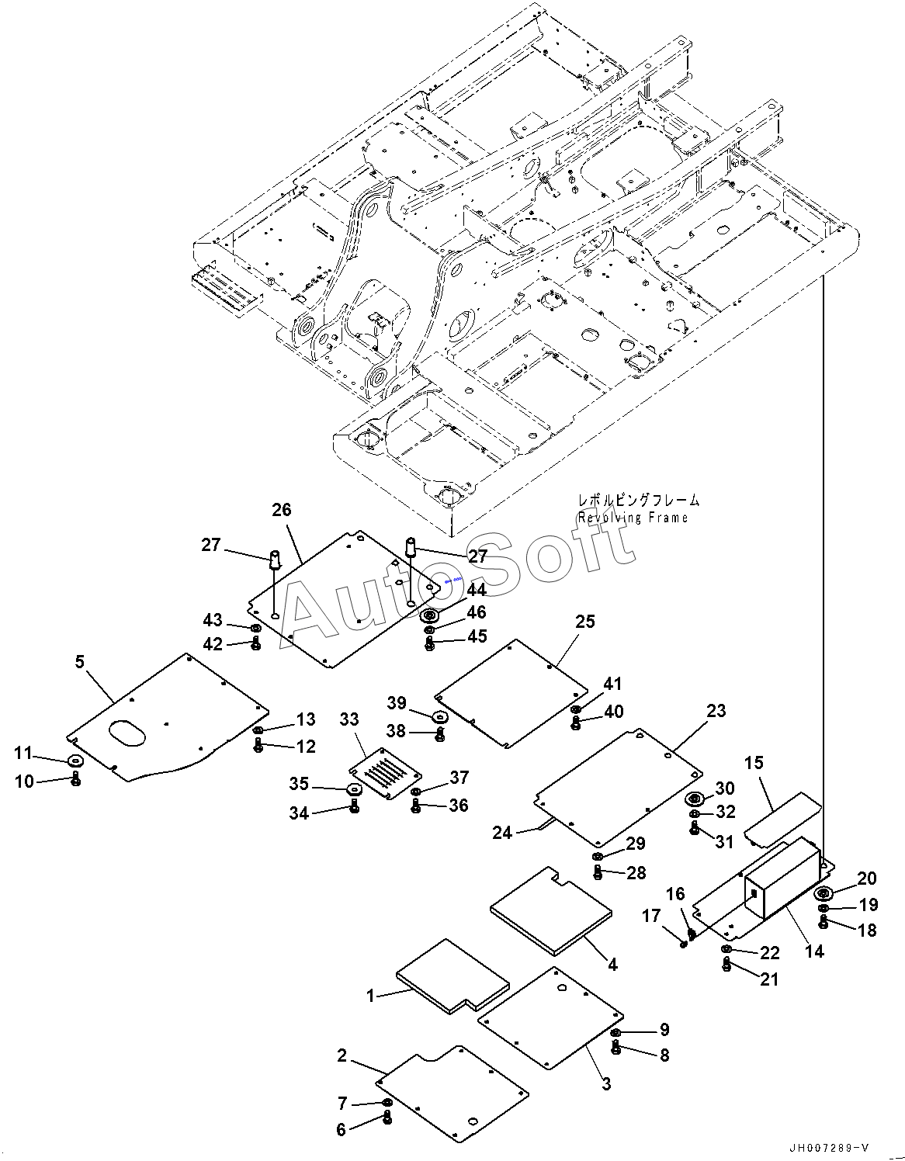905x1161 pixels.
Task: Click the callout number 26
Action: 282,510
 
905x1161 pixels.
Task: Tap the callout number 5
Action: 80,662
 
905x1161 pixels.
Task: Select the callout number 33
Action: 349,719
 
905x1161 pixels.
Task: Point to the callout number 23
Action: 716,711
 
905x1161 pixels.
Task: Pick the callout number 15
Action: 754,762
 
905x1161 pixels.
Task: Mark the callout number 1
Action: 370,996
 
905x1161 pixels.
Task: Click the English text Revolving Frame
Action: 633,517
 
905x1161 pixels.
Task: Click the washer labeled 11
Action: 76,761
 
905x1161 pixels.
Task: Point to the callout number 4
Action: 612,965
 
